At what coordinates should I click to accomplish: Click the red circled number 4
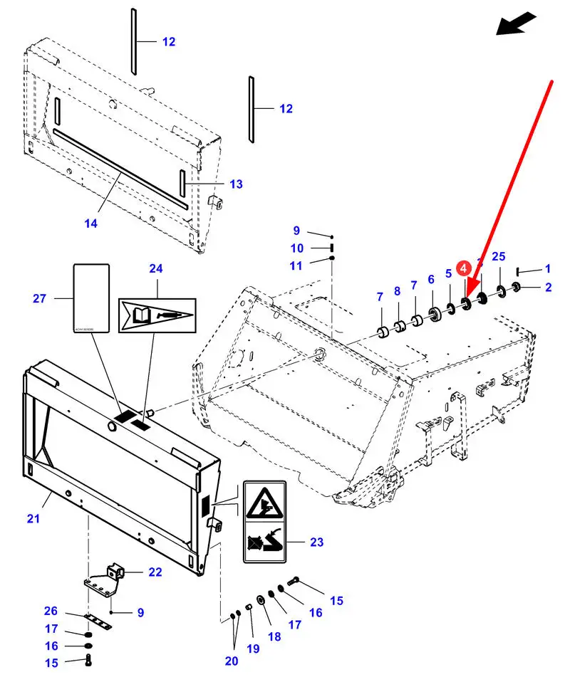[464, 268]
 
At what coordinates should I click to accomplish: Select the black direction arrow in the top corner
[516, 23]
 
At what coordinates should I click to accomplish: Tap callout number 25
[499, 256]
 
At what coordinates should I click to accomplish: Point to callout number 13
[236, 184]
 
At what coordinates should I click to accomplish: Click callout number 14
[90, 224]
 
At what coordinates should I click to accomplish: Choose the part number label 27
[39, 298]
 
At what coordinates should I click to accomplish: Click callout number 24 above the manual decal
[156, 268]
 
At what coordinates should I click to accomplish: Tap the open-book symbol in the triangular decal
[140, 313]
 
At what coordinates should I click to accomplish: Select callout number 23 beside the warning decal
[316, 542]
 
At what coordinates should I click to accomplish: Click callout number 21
[33, 519]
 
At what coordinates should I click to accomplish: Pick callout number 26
[51, 611]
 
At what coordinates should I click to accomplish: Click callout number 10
[297, 248]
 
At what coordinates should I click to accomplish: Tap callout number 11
[297, 266]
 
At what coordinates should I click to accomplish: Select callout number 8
[398, 291]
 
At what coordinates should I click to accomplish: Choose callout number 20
[232, 661]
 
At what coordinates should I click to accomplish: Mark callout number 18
[274, 636]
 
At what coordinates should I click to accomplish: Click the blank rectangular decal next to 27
[91, 298]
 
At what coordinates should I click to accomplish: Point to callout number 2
[548, 288]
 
